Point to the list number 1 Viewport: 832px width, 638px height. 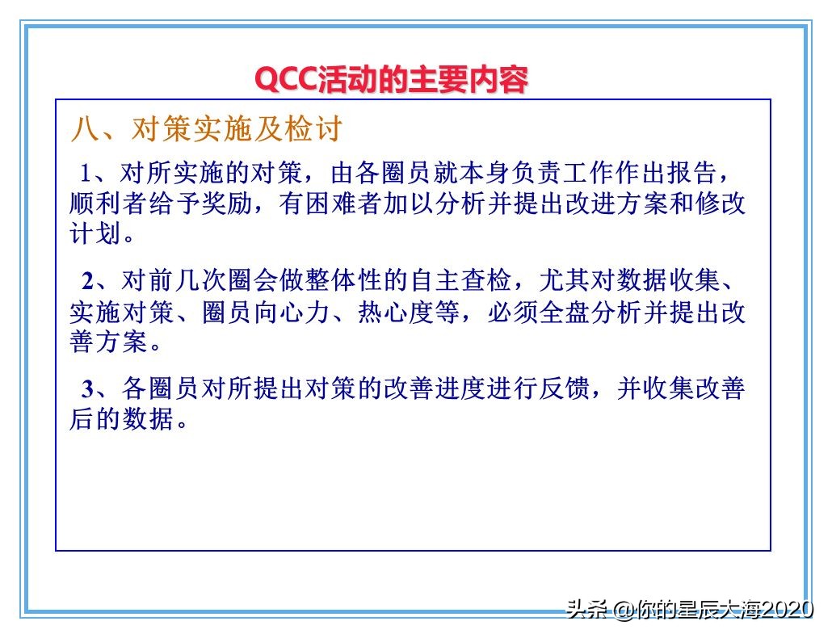pyautogui.click(x=85, y=173)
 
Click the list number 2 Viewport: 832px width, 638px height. pyautogui.click(x=88, y=281)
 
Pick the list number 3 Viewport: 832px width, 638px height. pyautogui.click(x=88, y=389)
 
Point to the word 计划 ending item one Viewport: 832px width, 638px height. pyautogui.click(x=95, y=234)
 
